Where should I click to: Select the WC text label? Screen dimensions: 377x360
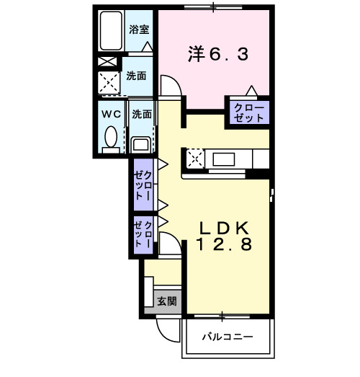point(111,114)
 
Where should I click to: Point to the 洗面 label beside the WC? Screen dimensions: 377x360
point(142,114)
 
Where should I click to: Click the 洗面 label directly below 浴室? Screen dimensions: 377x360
point(137,76)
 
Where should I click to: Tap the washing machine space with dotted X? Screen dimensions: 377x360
point(109,84)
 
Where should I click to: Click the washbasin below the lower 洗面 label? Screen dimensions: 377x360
point(140,142)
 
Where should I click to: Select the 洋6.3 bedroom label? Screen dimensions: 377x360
point(215,55)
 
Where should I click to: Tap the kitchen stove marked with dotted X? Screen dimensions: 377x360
point(195,156)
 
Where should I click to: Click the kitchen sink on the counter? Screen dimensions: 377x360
point(222,159)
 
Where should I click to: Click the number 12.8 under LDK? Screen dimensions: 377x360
point(224,246)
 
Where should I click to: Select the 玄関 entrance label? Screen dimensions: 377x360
point(168,301)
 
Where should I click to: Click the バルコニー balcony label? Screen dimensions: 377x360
point(227,337)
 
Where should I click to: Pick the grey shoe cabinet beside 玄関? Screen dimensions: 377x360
point(149,293)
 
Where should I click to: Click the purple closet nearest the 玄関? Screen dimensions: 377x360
point(143,234)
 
